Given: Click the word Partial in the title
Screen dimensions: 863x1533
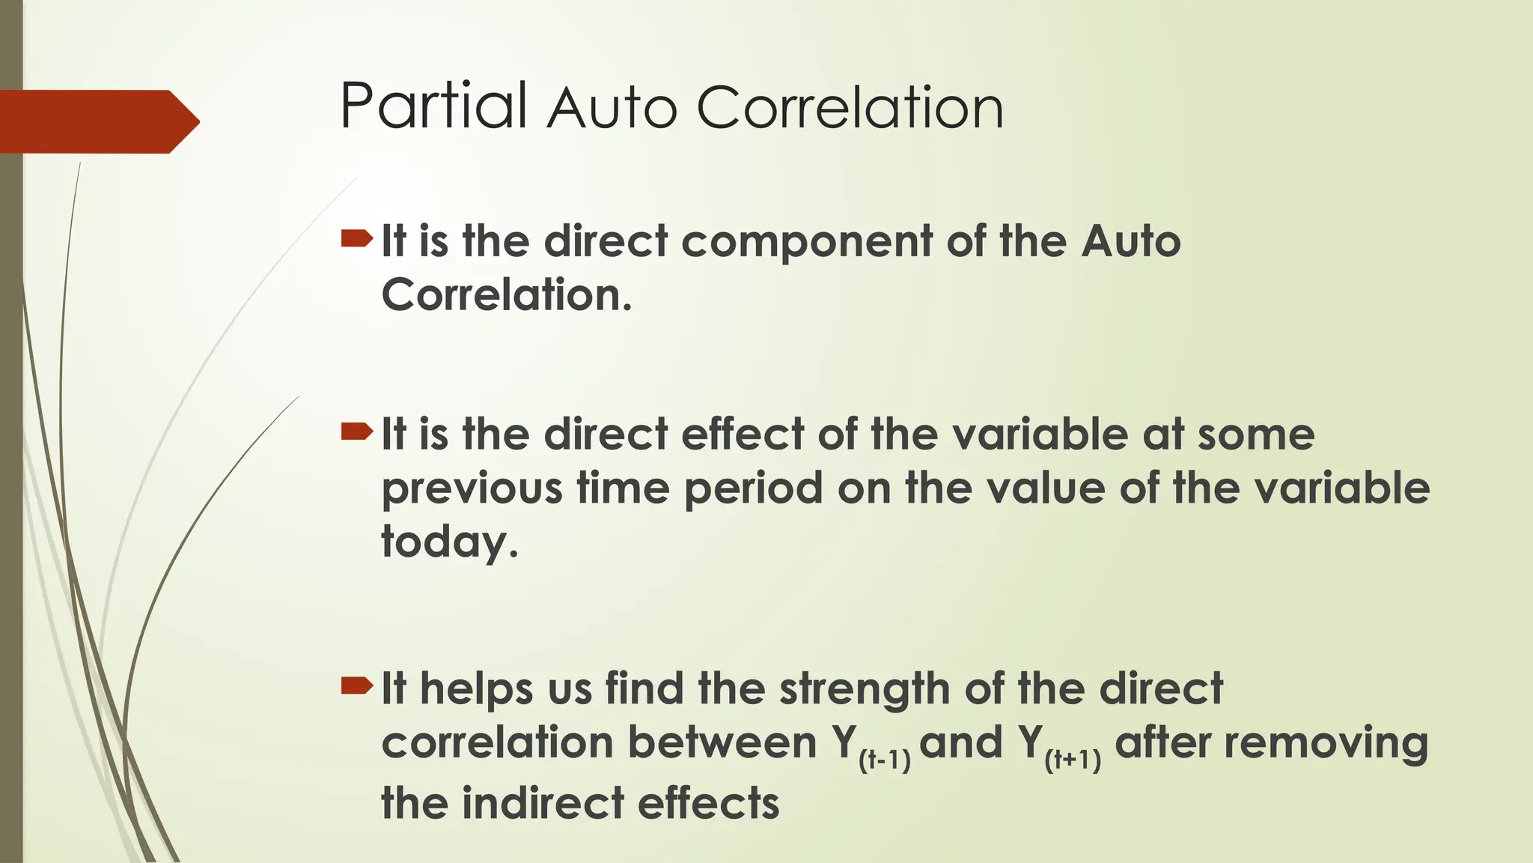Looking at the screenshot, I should coord(433,106).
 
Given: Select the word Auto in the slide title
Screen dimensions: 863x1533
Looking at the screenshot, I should coord(612,109).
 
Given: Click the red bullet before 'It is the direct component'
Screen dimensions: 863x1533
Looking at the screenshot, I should coord(356,239).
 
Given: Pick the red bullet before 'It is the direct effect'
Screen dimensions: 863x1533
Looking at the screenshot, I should coord(356,431).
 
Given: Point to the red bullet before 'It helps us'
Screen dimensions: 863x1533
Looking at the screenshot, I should coord(356,685).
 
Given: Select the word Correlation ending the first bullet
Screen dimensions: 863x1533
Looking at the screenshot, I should coord(506,295).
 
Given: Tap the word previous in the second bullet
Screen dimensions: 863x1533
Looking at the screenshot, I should coord(472,489).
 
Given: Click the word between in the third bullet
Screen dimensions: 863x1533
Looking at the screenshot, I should coord(722,743).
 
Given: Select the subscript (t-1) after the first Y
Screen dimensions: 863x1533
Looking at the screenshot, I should coord(884,761).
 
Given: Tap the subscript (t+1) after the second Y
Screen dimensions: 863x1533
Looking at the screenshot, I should coord(1073,761).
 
